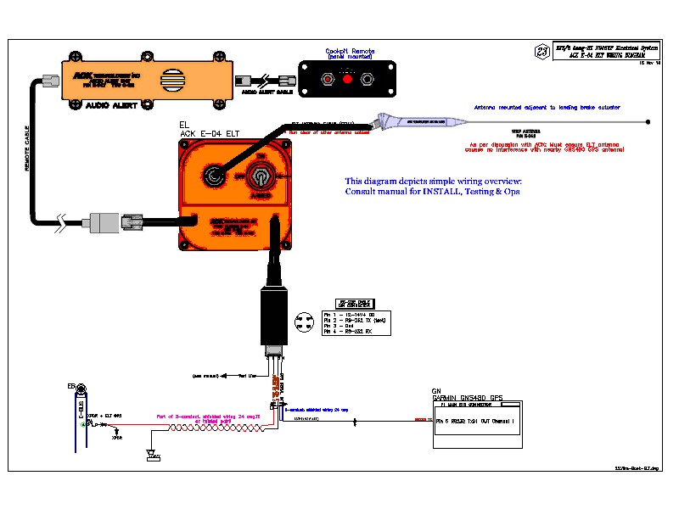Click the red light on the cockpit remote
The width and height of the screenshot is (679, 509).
[346, 79]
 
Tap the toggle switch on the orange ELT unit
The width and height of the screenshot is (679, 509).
[260, 179]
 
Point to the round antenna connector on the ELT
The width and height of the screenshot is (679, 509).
[213, 177]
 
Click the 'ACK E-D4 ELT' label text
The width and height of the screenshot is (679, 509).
[218, 133]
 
